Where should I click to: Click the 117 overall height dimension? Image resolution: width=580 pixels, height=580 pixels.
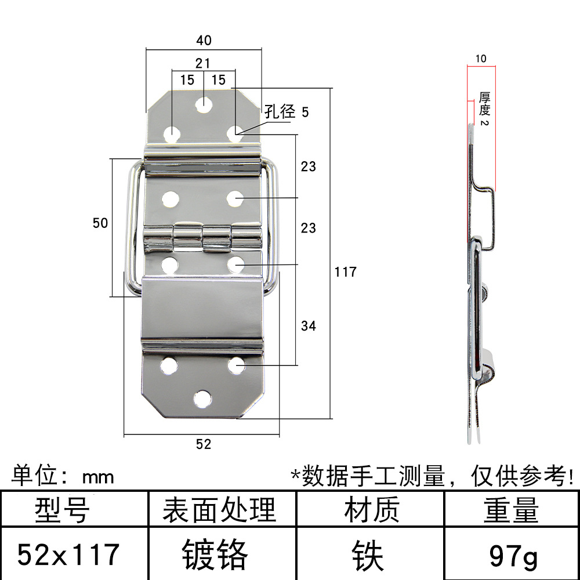345,271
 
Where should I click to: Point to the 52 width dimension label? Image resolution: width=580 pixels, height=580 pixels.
204,444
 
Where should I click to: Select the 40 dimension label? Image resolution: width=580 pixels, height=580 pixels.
204,40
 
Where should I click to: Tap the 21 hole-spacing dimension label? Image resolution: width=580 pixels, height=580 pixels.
203,63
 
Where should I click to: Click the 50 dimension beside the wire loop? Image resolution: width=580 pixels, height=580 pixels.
100,223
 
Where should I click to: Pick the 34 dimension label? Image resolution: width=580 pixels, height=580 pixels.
309,326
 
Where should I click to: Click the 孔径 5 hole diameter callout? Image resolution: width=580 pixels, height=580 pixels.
287,111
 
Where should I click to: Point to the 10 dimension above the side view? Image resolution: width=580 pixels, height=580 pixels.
481,59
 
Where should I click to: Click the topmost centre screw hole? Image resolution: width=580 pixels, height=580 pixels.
203,105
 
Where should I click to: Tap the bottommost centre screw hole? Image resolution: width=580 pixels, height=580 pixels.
202,398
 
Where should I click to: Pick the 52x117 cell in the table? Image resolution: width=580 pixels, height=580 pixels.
68,554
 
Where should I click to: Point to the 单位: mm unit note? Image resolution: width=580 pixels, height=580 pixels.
63,477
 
